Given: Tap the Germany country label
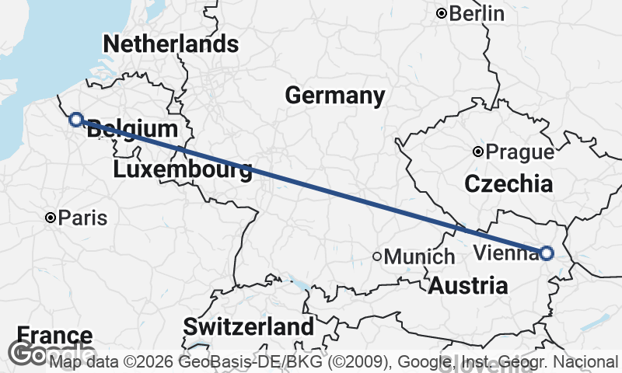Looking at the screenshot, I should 334,96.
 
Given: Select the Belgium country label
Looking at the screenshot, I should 132,130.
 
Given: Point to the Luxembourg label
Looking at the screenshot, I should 183,169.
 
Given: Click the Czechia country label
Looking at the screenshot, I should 508,184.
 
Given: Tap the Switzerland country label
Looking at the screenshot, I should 249,326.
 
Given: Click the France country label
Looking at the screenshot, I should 54,336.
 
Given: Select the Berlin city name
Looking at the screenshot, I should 477,13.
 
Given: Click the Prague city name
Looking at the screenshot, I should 519,152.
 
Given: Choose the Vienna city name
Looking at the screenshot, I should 504,253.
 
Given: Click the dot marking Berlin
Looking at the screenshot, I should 442,13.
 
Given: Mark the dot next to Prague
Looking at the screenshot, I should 478,152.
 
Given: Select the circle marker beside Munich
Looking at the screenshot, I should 377,256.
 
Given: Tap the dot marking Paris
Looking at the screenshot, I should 51,218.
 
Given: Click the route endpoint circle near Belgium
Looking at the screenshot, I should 76,119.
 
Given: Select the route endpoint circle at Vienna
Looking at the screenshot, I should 547,253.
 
